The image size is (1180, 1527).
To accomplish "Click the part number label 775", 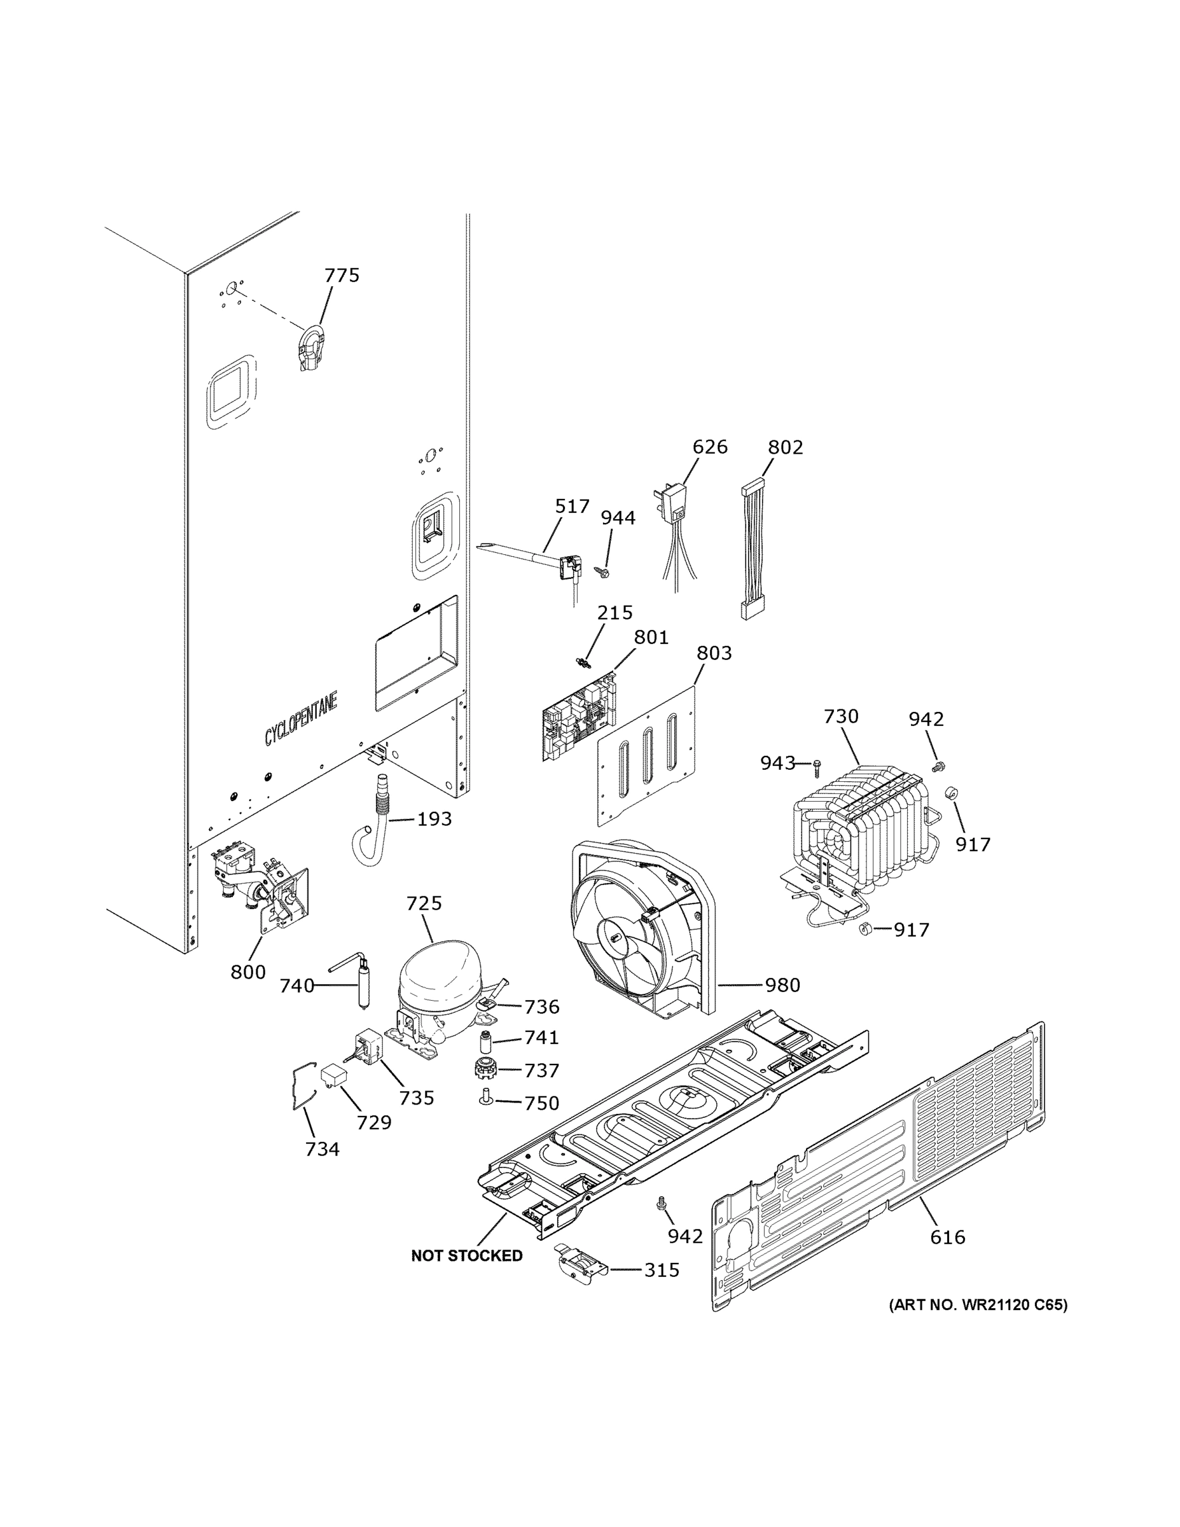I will [342, 275].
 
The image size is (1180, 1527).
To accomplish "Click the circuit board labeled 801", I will [578, 716].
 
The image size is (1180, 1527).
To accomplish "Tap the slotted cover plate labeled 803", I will [647, 753].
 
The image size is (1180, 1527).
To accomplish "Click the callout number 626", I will [709, 447].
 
